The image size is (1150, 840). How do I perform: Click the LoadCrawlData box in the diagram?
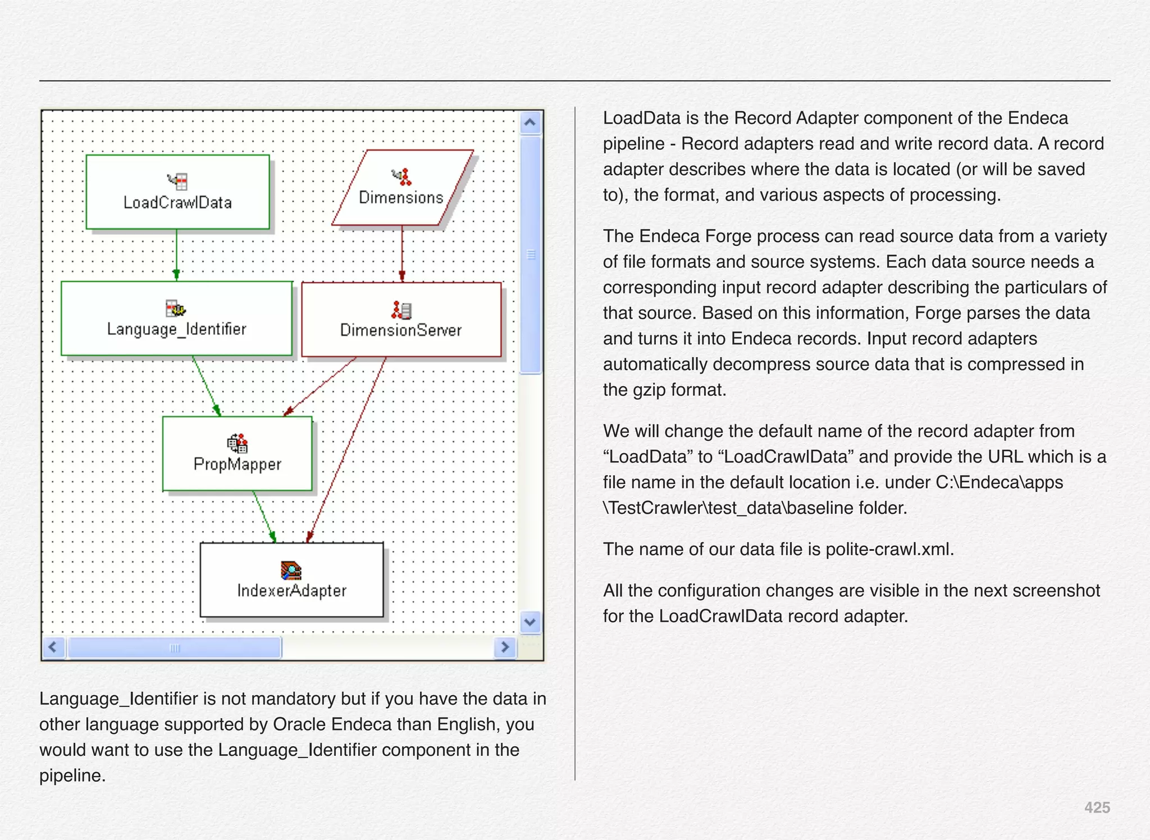point(177,192)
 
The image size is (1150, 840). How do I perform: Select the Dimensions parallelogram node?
point(402,188)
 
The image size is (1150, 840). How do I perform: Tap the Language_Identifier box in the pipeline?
point(176,318)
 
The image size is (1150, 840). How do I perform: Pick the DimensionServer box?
point(401,319)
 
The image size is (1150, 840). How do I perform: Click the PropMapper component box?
point(237,454)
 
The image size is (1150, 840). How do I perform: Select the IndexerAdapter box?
point(291,580)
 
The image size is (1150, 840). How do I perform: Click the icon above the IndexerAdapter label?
point(291,570)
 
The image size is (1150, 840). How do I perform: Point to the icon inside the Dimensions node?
point(402,176)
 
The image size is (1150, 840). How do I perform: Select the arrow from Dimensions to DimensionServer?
point(402,253)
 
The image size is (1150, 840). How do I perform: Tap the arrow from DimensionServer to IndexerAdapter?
point(347,449)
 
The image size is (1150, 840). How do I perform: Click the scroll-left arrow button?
point(53,647)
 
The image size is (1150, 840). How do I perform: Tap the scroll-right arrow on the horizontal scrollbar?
point(505,647)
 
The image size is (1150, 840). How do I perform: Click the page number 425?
point(1097,807)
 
